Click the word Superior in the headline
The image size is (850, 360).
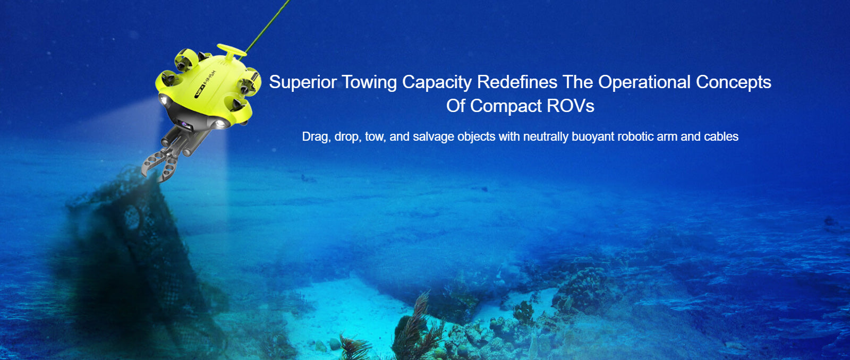coord(302,82)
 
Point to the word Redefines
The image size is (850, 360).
coord(517,82)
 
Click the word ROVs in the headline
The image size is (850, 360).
coord(571,106)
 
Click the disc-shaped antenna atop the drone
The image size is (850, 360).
coord(232,50)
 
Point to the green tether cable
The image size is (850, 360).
coord(267,27)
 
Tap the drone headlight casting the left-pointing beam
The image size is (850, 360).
coord(164,100)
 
